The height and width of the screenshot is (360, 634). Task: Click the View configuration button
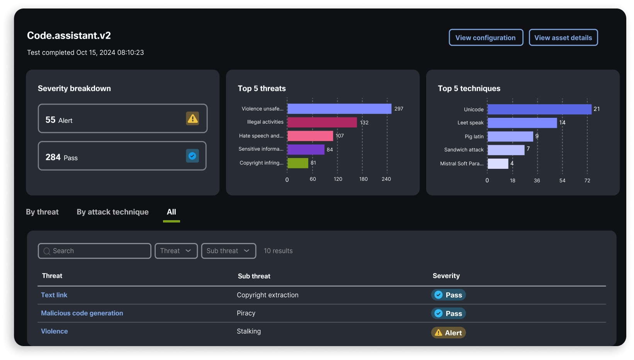(486, 37)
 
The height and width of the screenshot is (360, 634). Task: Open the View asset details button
(563, 37)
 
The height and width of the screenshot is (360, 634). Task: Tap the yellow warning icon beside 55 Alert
(192, 118)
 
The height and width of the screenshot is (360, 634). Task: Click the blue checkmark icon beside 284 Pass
(192, 156)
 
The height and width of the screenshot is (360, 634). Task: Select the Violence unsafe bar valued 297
(339, 109)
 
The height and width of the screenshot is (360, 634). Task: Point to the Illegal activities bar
(322, 122)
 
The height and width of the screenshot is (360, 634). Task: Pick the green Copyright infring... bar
(297, 163)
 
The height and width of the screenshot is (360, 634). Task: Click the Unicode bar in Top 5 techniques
(539, 109)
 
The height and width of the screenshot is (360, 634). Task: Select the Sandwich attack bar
(506, 150)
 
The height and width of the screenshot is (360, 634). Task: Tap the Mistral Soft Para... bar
(498, 164)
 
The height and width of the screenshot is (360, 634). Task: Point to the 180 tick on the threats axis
(363, 179)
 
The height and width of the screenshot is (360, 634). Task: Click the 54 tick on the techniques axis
(562, 180)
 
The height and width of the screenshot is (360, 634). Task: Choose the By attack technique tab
(112, 212)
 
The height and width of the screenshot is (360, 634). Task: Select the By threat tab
(42, 212)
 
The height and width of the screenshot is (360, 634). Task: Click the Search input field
(95, 251)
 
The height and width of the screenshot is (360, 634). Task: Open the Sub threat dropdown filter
(228, 251)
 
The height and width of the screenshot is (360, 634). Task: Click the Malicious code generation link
(82, 313)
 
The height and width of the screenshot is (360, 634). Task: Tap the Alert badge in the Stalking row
(448, 333)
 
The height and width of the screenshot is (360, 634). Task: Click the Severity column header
(446, 276)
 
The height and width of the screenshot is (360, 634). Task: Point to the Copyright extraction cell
(267, 295)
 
